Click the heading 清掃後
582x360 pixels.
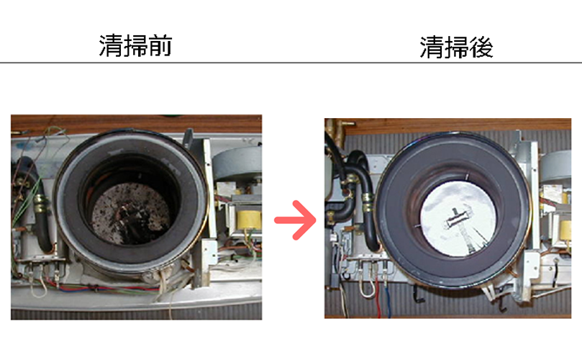[x=456, y=48]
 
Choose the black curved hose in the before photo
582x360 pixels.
[x=45, y=223]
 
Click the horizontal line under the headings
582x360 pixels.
[x=291, y=63]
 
